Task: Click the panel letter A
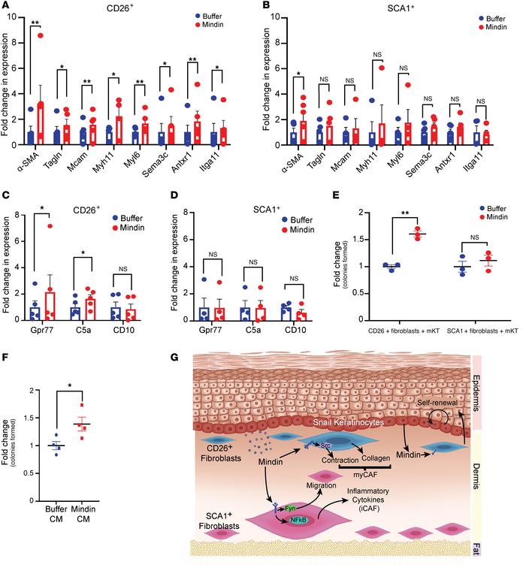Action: click(6, 7)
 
